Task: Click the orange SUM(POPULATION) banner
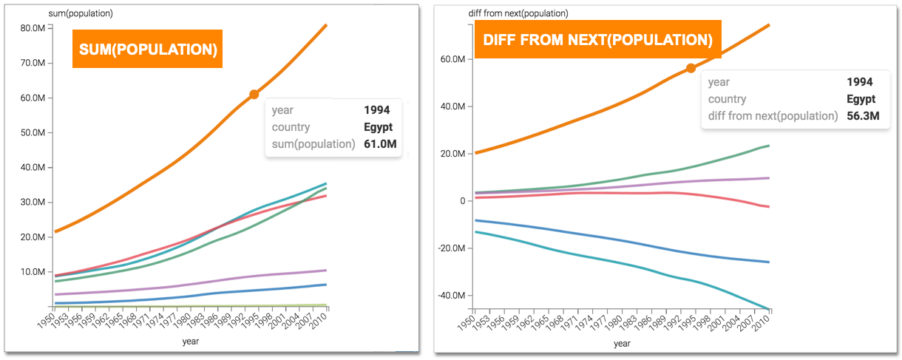point(147,49)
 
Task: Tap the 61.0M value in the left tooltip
point(380,143)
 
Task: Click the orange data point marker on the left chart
point(254,94)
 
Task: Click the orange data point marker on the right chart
point(691,68)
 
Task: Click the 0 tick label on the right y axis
point(461,201)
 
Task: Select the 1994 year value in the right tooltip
point(861,82)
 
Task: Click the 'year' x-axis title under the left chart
point(191,342)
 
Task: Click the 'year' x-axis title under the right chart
point(622,343)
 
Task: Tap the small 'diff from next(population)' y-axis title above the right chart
point(518,13)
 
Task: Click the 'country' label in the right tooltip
point(727,99)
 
